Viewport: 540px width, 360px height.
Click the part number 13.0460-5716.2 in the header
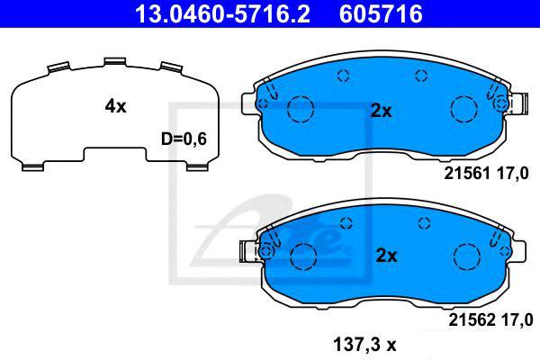tap(222, 13)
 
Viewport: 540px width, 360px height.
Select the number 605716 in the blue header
tap(381, 13)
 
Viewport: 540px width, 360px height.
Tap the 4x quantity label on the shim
tap(116, 106)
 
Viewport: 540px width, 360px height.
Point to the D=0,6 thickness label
tap(184, 139)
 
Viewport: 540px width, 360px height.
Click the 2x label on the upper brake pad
tap(381, 111)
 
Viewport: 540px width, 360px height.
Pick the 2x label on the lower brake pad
tap(386, 256)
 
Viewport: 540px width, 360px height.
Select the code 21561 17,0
tap(486, 174)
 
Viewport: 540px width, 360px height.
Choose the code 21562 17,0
tap(490, 320)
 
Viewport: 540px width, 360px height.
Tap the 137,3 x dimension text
tap(364, 345)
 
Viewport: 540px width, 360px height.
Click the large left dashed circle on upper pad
tap(301, 96)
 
